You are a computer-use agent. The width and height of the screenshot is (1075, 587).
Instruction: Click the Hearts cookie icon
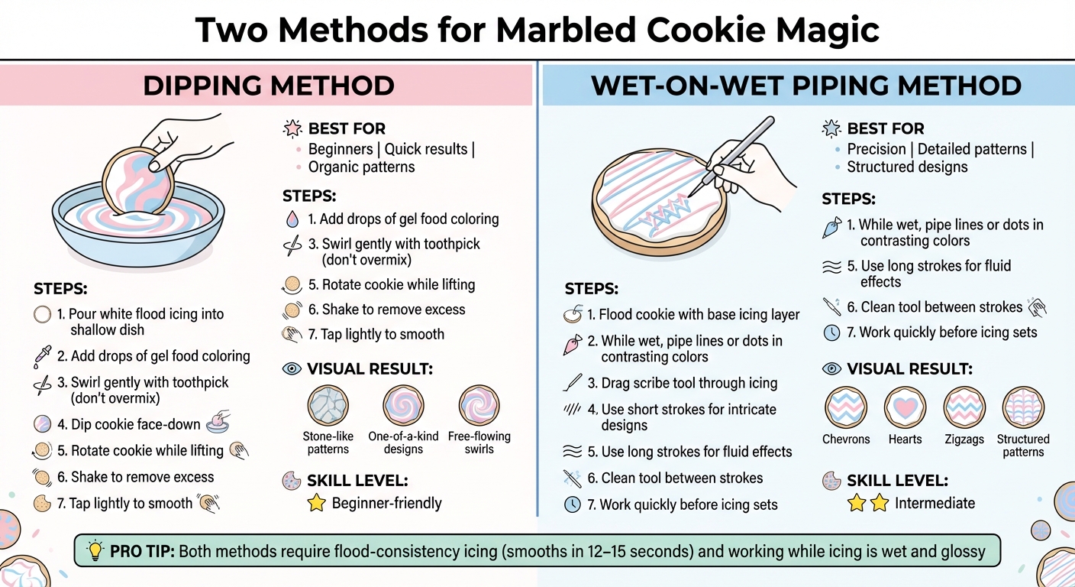click(x=905, y=407)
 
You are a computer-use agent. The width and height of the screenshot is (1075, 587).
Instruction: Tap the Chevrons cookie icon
click(x=846, y=407)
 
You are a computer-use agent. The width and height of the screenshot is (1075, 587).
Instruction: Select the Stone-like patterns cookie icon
click(x=328, y=406)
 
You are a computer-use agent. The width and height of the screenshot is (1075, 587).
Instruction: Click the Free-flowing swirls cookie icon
click(x=479, y=406)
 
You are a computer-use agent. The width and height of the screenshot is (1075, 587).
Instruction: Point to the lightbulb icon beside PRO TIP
click(x=95, y=550)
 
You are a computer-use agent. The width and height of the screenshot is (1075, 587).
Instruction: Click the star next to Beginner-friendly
click(x=315, y=503)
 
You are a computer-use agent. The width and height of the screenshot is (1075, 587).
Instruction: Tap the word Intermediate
click(x=935, y=503)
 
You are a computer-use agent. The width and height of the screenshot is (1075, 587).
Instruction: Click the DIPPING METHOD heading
click(x=268, y=86)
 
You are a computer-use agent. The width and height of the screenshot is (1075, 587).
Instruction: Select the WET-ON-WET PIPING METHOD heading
click(x=806, y=86)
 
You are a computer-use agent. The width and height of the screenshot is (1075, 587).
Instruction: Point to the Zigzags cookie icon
click(x=964, y=407)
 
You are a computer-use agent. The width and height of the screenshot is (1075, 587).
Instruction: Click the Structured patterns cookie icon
click(x=1022, y=407)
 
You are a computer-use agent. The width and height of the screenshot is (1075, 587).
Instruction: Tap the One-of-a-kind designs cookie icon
click(x=403, y=406)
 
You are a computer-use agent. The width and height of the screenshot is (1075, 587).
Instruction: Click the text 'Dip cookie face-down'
click(x=136, y=424)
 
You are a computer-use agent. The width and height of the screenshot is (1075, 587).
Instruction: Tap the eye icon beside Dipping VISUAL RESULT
click(x=292, y=369)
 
